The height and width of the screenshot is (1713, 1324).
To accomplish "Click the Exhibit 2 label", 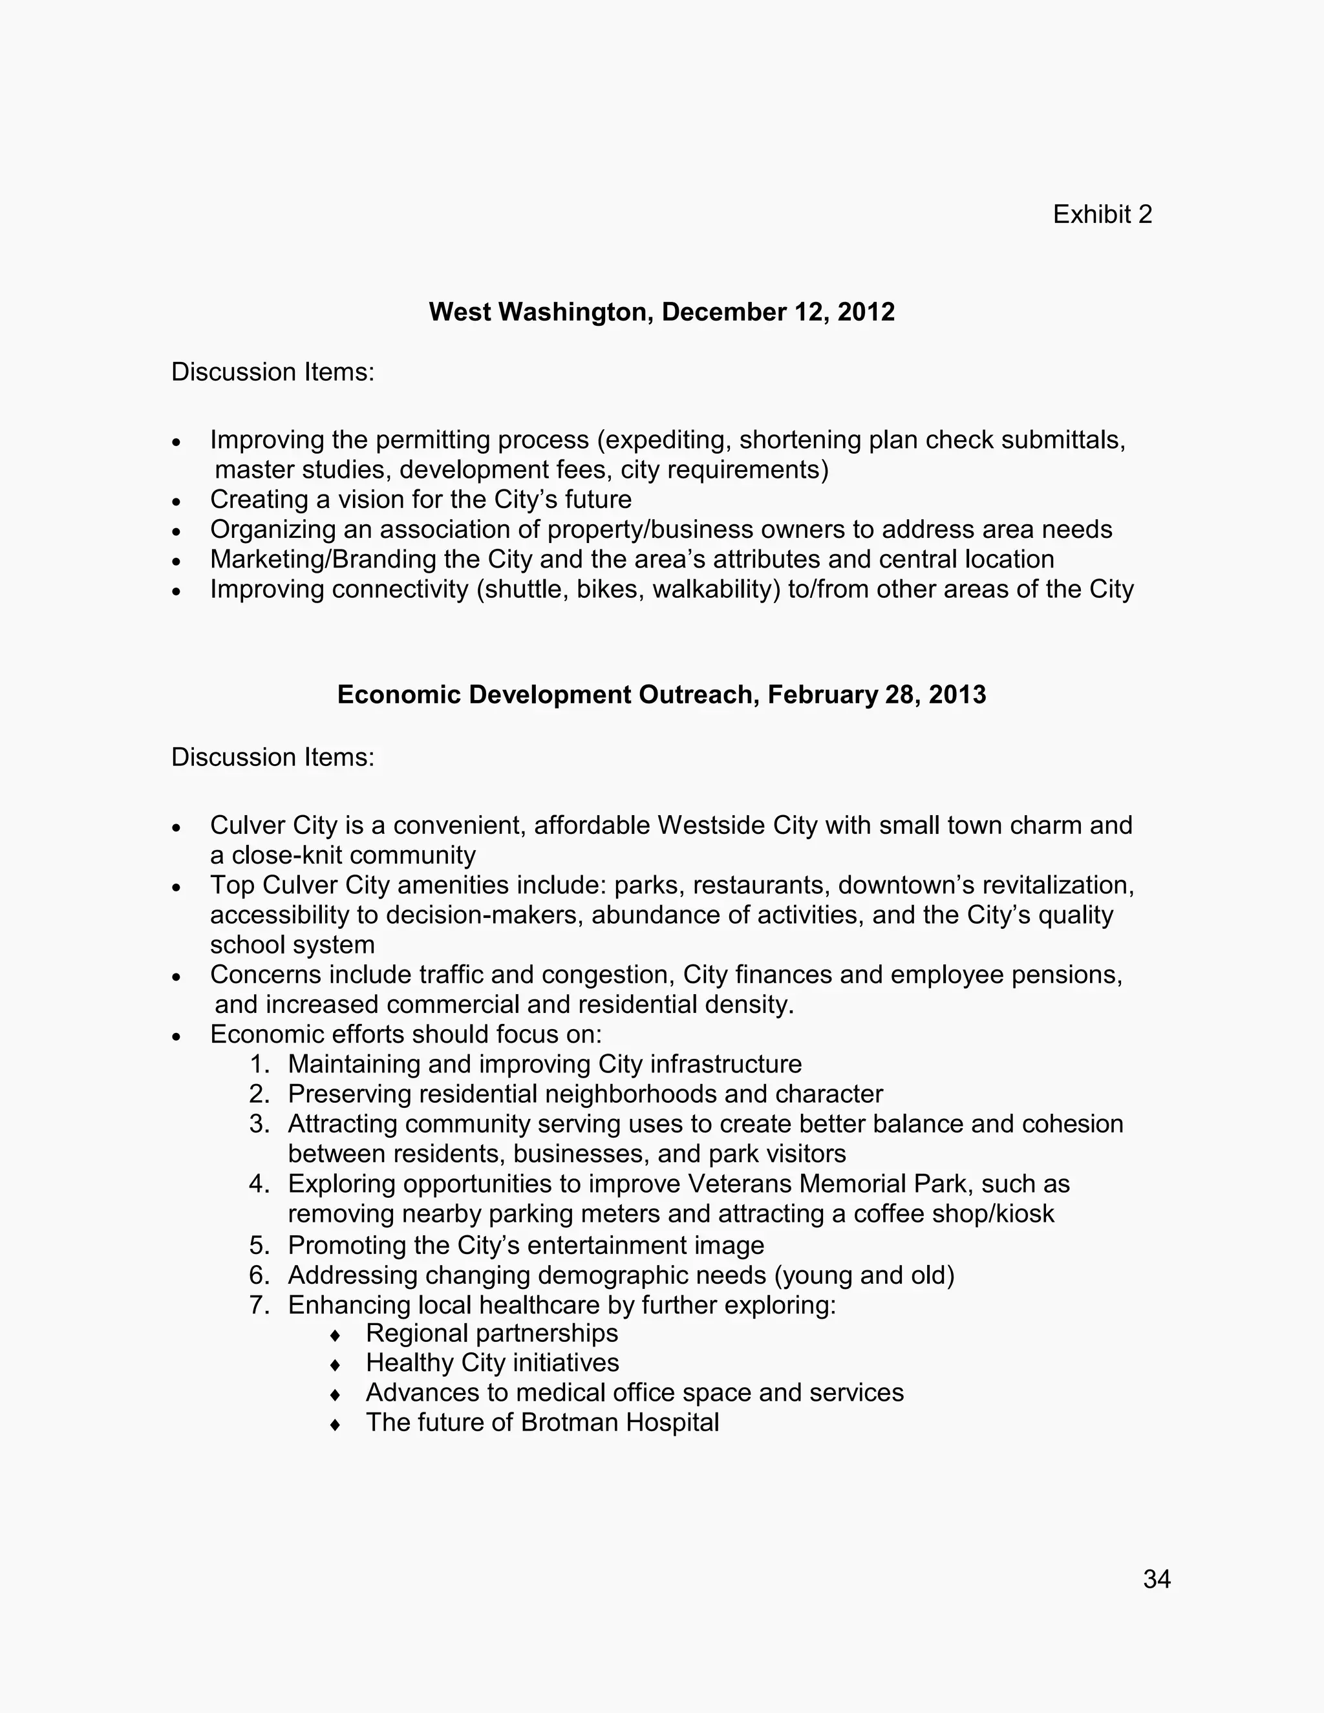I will pyautogui.click(x=1102, y=214).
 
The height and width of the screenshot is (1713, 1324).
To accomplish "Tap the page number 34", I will pyautogui.click(x=1157, y=1579).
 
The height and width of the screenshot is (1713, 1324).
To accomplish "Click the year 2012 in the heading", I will pyautogui.click(x=866, y=312).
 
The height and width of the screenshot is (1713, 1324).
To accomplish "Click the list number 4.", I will pyautogui.click(x=259, y=1184).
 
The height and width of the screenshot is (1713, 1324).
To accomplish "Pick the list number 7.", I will pyautogui.click(x=259, y=1304).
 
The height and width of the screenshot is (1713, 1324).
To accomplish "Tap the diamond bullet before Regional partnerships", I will pyautogui.click(x=335, y=1335).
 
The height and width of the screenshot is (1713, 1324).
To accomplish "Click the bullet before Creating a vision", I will pyautogui.click(x=176, y=501).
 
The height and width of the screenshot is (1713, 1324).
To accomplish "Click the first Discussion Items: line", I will pyautogui.click(x=272, y=372).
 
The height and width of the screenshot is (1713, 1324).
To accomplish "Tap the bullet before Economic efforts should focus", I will pyautogui.click(x=176, y=1036).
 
